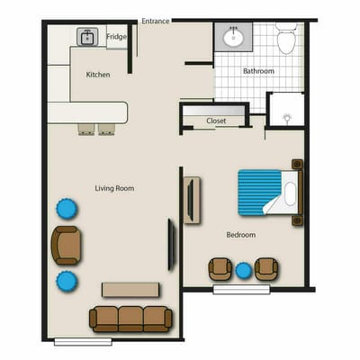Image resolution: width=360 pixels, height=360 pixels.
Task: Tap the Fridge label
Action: (x=117, y=37)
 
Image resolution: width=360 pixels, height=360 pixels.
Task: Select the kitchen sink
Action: (x=88, y=37)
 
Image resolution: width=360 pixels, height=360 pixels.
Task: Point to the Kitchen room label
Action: (x=98, y=75)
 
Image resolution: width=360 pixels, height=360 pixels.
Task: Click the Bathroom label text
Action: (x=258, y=70)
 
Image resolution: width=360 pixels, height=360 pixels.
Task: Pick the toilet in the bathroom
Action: (x=286, y=40)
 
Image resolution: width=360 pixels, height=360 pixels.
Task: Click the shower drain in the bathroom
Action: (x=285, y=117)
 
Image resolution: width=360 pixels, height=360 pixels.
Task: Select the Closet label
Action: (x=216, y=120)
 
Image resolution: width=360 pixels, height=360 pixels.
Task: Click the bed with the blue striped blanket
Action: (x=266, y=192)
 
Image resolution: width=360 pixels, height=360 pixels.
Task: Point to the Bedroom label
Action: (x=241, y=235)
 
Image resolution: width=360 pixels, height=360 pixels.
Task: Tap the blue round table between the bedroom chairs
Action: (x=243, y=269)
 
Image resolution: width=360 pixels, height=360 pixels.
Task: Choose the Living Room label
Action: (x=114, y=188)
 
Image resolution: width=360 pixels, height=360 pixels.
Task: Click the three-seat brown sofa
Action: (x=131, y=317)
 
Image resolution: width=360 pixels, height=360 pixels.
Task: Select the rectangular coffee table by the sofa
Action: (x=131, y=290)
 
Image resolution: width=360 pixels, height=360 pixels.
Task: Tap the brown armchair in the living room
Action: (x=66, y=245)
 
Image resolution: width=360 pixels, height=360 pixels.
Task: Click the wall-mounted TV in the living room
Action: (x=172, y=245)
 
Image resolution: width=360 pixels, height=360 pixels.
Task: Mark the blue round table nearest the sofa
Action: (x=67, y=282)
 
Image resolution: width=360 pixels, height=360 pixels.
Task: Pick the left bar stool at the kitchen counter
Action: (x=85, y=128)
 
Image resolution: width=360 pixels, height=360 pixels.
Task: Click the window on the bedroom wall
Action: (x=241, y=290)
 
